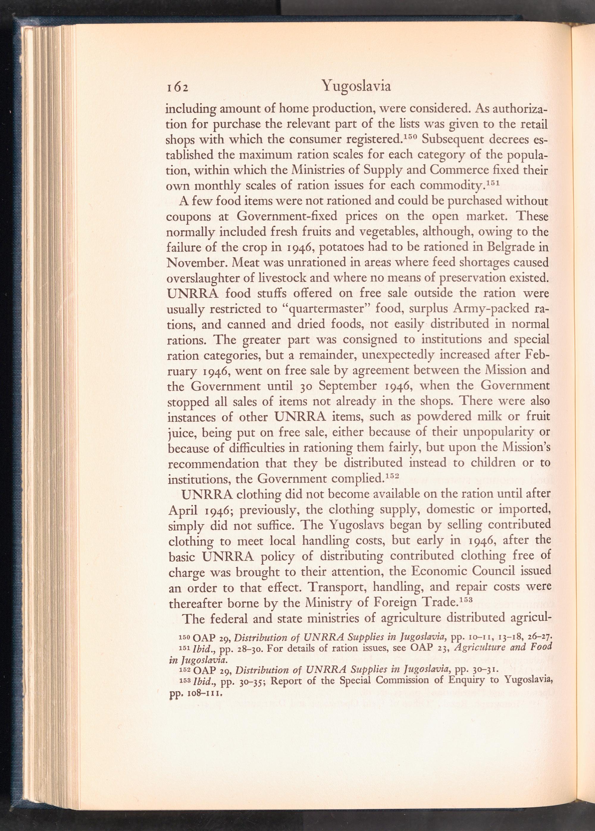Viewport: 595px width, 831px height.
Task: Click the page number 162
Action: pyautogui.click(x=177, y=87)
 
